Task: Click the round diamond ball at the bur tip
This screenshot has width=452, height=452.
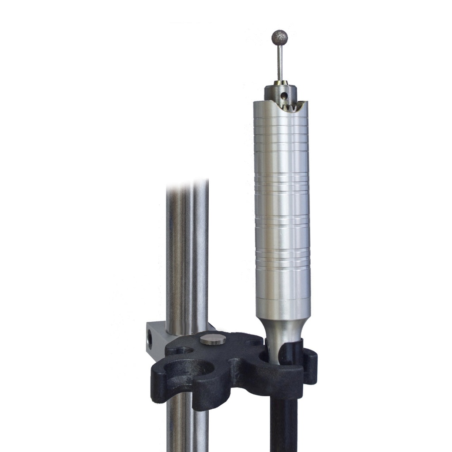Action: point(279,38)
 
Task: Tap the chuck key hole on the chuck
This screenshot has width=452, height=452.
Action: point(284,94)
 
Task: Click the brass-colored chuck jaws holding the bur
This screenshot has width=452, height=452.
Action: point(280,83)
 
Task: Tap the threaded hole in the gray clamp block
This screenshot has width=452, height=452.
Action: point(150,339)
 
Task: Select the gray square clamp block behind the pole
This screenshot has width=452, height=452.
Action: point(157,338)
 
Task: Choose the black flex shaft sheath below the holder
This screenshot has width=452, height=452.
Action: point(283,424)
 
